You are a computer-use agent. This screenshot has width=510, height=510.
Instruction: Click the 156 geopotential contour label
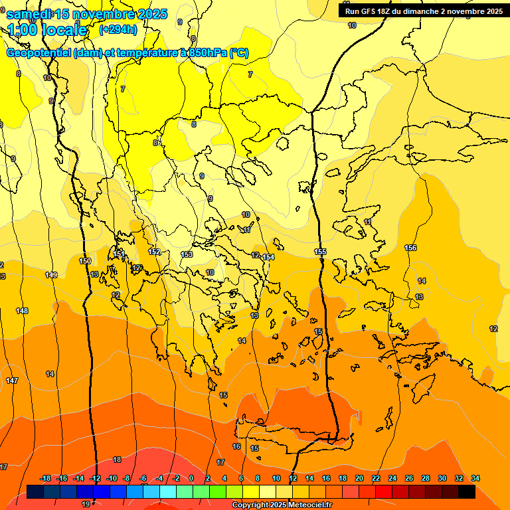410,248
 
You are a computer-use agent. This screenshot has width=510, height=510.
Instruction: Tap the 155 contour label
321,252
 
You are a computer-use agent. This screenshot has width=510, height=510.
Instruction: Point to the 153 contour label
187,254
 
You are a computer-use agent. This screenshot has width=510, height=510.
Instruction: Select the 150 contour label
85,261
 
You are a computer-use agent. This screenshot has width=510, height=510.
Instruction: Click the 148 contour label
22,311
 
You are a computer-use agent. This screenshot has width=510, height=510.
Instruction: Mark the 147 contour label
12,381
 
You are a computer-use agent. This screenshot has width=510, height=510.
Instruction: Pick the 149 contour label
51,275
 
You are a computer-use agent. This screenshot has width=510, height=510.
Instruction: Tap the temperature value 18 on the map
117,460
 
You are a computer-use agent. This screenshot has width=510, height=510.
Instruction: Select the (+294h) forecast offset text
118,29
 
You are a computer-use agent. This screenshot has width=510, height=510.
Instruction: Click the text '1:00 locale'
47,30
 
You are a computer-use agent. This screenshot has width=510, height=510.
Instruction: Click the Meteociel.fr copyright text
282,505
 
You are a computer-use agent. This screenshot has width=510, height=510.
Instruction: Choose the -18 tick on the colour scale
45,478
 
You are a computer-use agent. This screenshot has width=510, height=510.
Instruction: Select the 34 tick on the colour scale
475,478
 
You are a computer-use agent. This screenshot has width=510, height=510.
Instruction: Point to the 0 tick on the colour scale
191,478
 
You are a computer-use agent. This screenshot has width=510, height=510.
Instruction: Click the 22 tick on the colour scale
376,478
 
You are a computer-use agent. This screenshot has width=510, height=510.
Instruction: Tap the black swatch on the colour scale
467,491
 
